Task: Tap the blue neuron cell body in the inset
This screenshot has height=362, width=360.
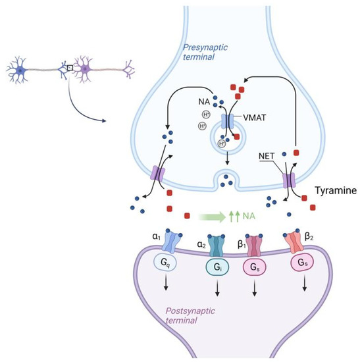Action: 21,68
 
